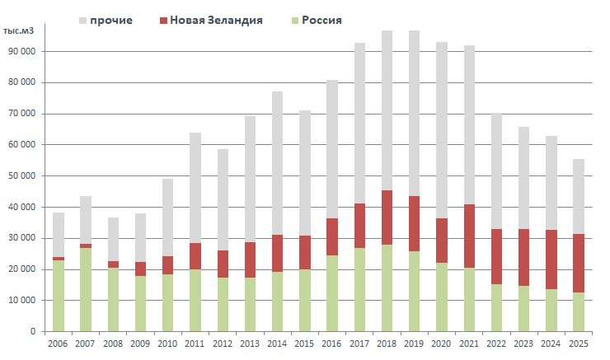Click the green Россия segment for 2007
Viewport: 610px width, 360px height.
click(x=86, y=289)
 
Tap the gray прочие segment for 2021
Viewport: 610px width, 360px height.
click(x=469, y=124)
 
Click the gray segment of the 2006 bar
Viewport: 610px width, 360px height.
click(x=59, y=235)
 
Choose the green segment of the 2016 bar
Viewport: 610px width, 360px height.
click(x=332, y=293)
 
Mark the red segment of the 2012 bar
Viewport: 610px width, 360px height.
click(x=223, y=264)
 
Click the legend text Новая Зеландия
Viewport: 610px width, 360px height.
click(x=217, y=19)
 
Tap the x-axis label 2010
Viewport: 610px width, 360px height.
click(x=168, y=344)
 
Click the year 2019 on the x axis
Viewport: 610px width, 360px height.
click(x=415, y=344)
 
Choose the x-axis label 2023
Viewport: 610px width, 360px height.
click(x=523, y=344)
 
